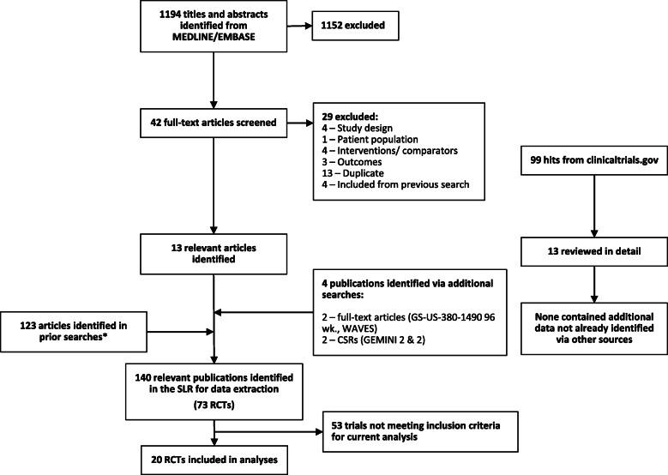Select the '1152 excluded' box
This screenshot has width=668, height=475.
[359, 26]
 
